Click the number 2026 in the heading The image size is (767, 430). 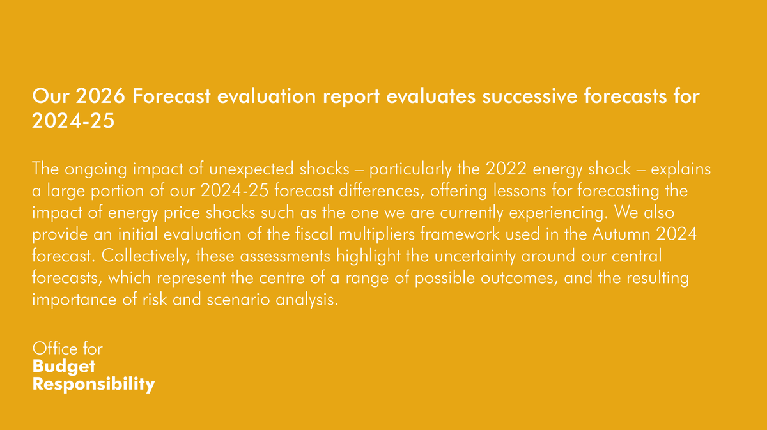point(100,96)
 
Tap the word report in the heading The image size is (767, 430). point(352,97)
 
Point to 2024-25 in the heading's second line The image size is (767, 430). point(74,121)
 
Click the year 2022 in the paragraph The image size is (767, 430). point(506,169)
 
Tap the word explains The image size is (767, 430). point(681,169)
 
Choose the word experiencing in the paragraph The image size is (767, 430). point(558,213)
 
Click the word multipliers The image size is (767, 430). point(376,234)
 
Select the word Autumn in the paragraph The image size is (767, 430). point(621,234)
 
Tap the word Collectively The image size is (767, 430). point(146,256)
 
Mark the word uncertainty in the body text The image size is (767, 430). point(475,256)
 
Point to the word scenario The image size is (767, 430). point(238,300)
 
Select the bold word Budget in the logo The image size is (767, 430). point(64,367)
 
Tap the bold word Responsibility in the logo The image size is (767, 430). point(93,384)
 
